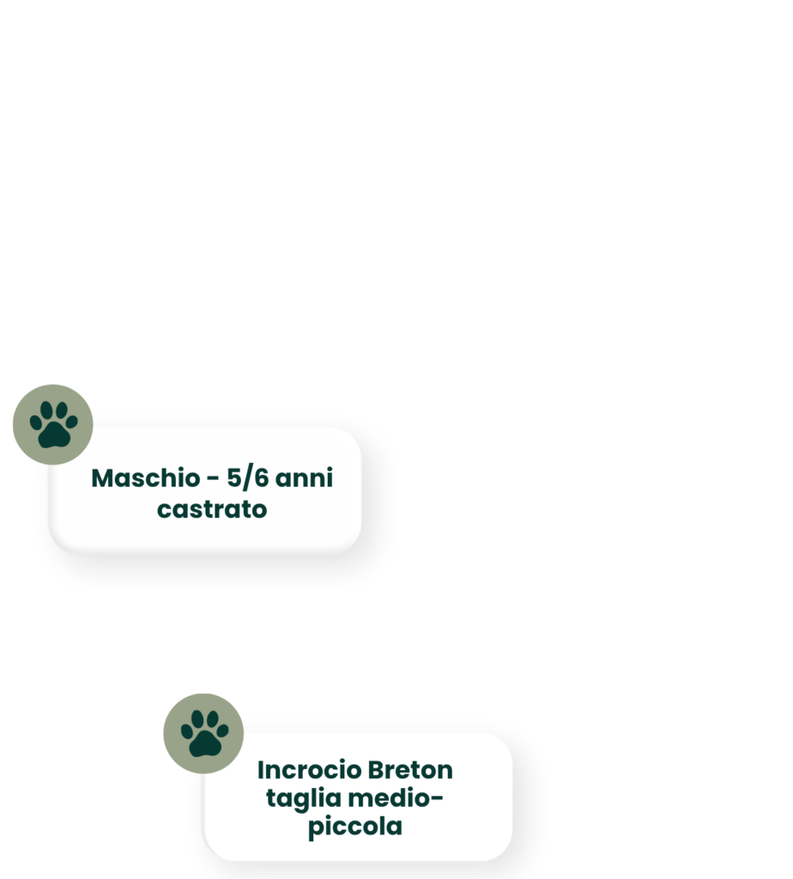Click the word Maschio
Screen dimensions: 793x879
[x=146, y=478]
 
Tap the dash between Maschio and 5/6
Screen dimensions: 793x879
[x=213, y=479]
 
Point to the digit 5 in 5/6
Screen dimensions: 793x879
[x=233, y=478]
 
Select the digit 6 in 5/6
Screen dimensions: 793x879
[x=261, y=478]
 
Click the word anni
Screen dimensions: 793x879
[x=305, y=478]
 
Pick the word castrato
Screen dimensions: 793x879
[x=212, y=510]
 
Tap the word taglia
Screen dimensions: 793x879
[x=303, y=799]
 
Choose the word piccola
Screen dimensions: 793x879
[x=355, y=827]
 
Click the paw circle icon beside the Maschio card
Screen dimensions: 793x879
[x=52, y=424]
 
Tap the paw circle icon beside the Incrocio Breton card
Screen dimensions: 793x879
[x=203, y=733]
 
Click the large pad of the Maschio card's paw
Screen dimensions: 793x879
[x=54, y=435]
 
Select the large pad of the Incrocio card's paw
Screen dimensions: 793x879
[x=204, y=744]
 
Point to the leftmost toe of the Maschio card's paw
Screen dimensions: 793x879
[x=35, y=422]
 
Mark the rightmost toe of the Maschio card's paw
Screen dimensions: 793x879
[x=72, y=421]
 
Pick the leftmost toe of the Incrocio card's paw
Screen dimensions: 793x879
[x=186, y=731]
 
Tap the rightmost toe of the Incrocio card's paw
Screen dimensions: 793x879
[x=222, y=730]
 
